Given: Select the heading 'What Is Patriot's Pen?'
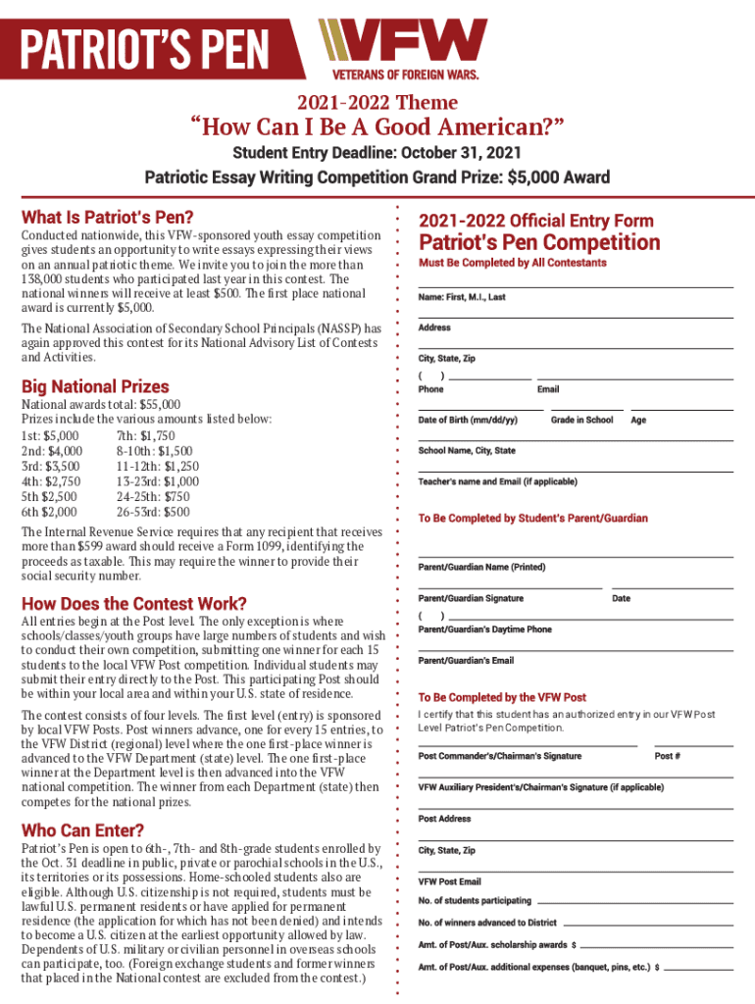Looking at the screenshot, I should (x=108, y=217).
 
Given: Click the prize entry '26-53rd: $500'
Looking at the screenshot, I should (x=153, y=511).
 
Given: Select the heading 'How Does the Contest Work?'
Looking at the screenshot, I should (x=133, y=603).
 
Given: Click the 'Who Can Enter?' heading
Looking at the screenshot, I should (x=83, y=829).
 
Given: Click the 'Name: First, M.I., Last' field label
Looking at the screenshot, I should (x=462, y=297).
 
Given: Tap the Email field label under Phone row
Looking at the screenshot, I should (x=548, y=389).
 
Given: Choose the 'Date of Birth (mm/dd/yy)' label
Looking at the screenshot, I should (x=468, y=420).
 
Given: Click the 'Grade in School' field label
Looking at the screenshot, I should (x=581, y=420).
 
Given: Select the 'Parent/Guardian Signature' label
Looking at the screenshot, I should (x=471, y=598).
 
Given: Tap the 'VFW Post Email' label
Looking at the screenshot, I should (x=450, y=881).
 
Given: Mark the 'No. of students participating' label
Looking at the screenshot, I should (x=475, y=900).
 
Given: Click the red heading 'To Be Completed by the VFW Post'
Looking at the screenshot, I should (x=502, y=697).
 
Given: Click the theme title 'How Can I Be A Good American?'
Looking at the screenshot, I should (x=377, y=126).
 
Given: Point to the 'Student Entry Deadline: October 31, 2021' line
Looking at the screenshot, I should (x=377, y=154).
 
